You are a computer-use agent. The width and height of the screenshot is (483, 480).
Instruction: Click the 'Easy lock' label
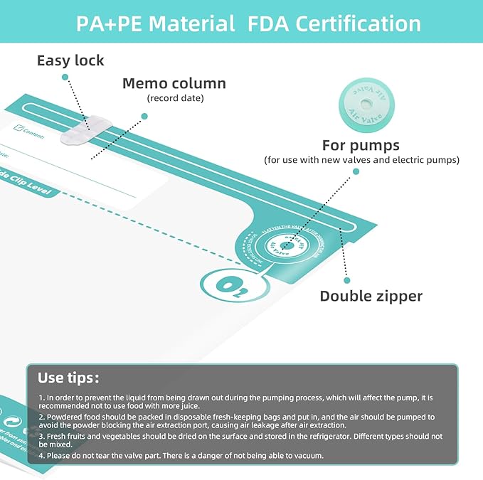point(70,60)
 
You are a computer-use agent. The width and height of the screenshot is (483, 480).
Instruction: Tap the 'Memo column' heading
point(174,83)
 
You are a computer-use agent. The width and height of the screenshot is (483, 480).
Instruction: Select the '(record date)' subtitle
point(175,97)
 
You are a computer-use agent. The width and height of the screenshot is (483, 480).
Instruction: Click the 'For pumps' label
point(361,145)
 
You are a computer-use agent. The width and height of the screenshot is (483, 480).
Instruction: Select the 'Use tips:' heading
point(68,377)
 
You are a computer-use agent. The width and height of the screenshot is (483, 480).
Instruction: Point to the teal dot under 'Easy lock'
point(65,78)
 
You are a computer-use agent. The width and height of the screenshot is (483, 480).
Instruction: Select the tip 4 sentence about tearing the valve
point(182,455)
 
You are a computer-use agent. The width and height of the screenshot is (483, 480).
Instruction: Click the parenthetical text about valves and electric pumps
point(361,160)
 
